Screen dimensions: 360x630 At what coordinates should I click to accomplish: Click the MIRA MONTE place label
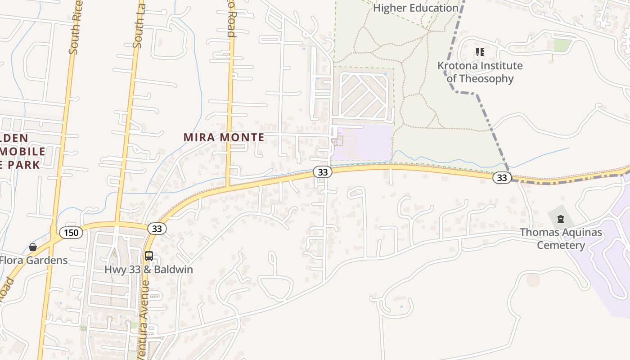[x=224, y=137]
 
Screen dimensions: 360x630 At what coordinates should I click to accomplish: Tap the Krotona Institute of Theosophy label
[x=480, y=72]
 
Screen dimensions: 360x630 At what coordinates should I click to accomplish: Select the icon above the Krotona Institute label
[x=480, y=52]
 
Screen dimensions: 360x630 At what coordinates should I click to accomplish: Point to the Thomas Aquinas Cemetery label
[x=561, y=238]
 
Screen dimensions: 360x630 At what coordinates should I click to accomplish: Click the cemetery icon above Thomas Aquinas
[x=561, y=219]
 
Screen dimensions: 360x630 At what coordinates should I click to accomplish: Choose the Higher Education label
[x=415, y=8]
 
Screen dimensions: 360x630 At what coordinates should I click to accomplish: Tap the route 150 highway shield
[x=71, y=233]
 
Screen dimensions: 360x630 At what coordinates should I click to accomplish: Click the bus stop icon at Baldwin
[x=149, y=256]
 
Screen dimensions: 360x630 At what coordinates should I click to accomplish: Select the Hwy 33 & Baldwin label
[x=148, y=270]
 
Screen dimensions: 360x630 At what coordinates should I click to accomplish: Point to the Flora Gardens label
[x=33, y=260]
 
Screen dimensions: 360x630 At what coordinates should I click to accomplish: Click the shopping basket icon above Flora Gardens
[x=33, y=247]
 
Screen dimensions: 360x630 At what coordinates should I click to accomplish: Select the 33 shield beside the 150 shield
[x=157, y=229]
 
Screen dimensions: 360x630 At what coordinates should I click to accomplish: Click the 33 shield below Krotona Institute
[x=502, y=178]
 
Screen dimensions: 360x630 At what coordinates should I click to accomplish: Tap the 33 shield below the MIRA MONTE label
[x=322, y=172]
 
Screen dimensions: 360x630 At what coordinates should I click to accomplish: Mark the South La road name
[x=139, y=25]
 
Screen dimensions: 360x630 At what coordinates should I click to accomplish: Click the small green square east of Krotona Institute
[x=562, y=45]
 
